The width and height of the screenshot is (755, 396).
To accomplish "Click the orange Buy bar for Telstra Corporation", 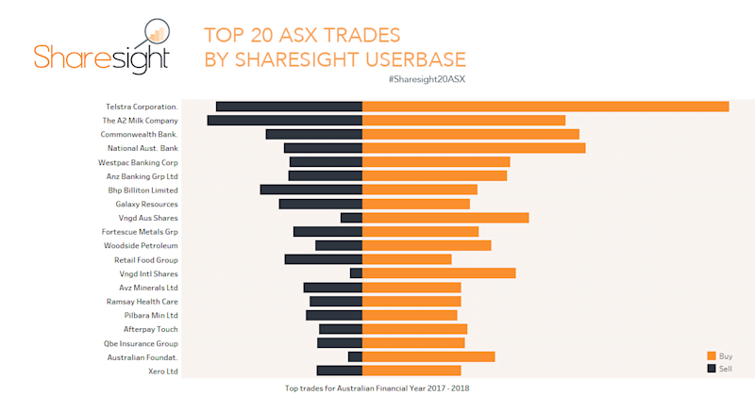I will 545,107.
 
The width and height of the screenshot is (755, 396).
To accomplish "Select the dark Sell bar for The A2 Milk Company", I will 285,121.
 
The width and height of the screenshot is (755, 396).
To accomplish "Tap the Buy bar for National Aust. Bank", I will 474,148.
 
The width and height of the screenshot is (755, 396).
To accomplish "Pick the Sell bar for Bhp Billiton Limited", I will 311,190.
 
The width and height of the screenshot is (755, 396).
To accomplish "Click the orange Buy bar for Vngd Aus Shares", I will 445,218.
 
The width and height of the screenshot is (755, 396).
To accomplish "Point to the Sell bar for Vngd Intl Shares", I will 357,273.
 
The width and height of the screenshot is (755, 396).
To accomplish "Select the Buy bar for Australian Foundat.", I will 428,356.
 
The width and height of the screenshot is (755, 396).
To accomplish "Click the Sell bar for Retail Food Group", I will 324,259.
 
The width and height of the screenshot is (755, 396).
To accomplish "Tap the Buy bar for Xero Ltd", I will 411,371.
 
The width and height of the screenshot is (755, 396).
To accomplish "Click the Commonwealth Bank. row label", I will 140,135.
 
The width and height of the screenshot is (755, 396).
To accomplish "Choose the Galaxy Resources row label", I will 146,204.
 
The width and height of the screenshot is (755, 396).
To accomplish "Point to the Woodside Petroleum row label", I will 141,246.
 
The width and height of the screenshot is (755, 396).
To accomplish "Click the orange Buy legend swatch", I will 712,355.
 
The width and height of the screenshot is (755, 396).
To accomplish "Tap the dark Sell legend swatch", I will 712,368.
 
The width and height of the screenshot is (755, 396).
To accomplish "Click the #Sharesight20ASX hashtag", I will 426,79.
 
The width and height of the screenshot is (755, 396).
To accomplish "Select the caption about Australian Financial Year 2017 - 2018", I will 377,388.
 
